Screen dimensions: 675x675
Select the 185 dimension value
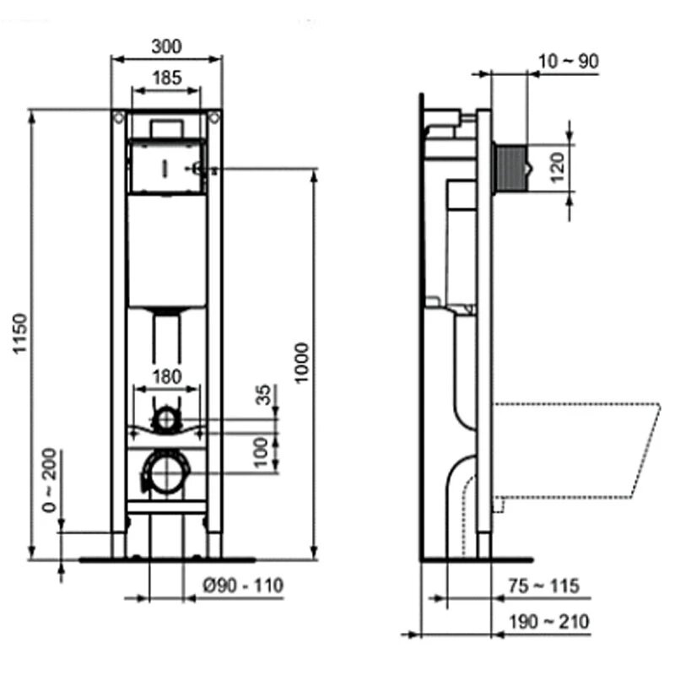pyautogui.click(x=166, y=78)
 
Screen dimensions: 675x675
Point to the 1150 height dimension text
pyautogui.click(x=21, y=335)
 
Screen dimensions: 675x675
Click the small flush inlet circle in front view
pyautogui.click(x=168, y=418)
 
